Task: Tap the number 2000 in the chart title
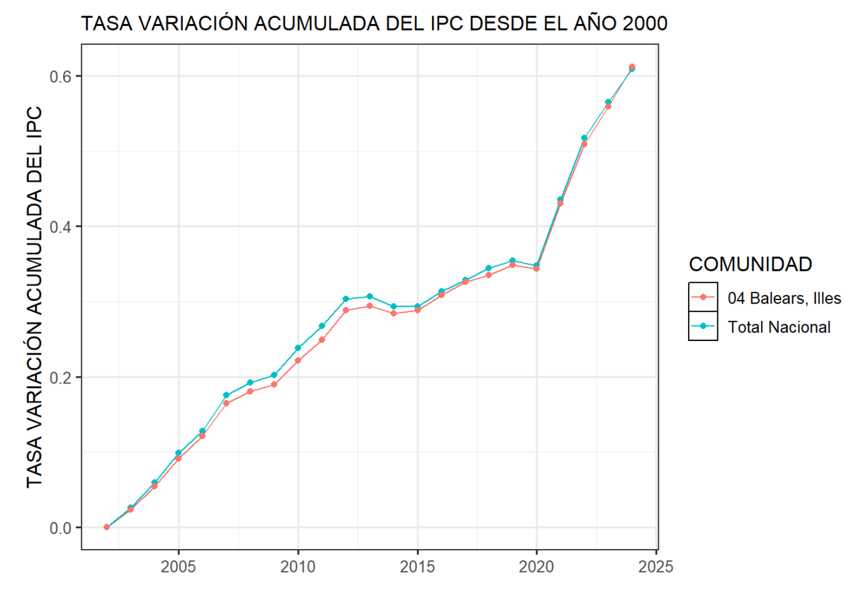[644, 24]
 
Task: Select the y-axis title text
[35, 297]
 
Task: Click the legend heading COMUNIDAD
[750, 264]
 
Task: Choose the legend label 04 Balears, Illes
[784, 298]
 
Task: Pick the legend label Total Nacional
[779, 327]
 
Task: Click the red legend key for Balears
[703, 297]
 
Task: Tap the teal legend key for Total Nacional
[703, 326]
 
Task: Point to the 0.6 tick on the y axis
[60, 76]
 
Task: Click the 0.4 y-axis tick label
[60, 227]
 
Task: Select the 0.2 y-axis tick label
[60, 378]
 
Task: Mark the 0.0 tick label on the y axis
[60, 528]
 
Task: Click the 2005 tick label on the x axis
[178, 567]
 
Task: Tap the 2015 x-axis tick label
[417, 567]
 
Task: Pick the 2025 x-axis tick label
[656, 567]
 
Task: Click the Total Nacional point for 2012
[346, 299]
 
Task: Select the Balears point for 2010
[298, 360]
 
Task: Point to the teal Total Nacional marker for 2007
[226, 395]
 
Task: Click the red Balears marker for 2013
[369, 306]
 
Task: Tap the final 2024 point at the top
[632, 67]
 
